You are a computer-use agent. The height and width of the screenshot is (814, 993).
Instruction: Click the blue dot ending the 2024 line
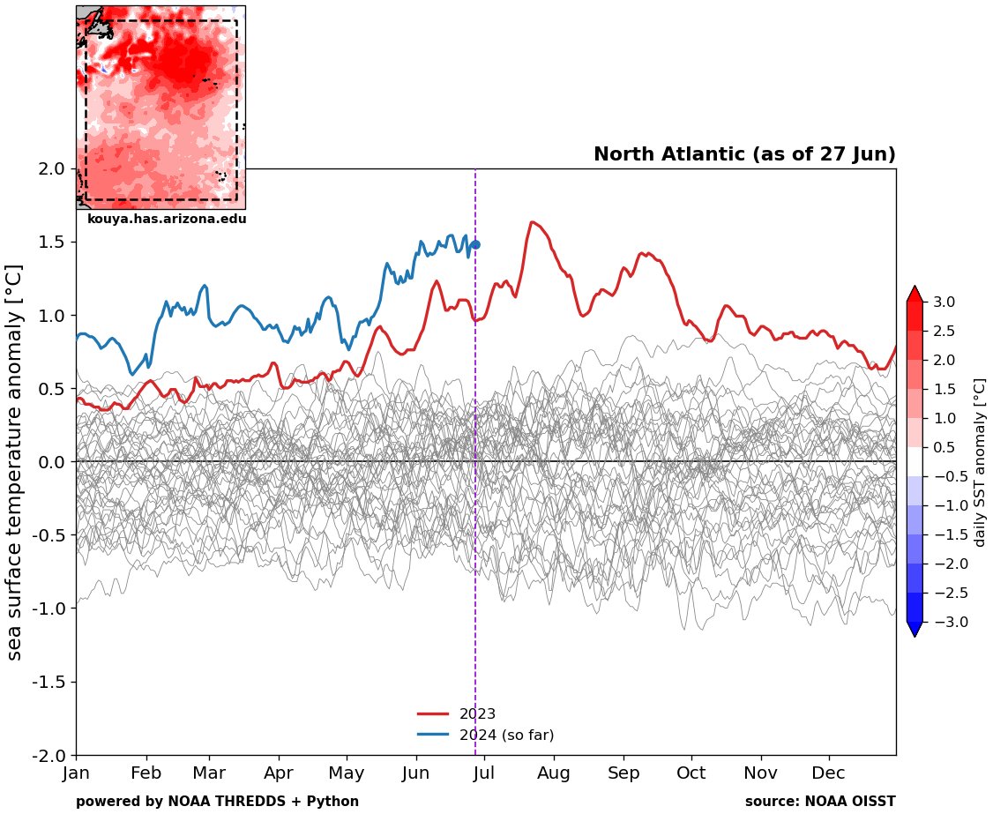(x=475, y=245)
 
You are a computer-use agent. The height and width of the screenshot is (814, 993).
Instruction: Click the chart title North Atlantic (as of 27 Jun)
(x=744, y=154)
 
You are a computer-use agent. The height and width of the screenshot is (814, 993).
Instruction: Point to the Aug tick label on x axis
(x=554, y=774)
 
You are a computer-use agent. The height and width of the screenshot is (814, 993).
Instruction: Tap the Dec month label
(x=830, y=774)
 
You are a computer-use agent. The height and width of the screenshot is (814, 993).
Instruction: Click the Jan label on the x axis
(x=77, y=774)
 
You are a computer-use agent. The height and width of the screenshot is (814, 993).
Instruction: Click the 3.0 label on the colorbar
(x=944, y=302)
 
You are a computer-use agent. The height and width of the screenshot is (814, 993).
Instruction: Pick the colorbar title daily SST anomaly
(x=979, y=462)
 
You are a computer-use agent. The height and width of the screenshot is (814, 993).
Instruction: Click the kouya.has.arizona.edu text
(x=167, y=219)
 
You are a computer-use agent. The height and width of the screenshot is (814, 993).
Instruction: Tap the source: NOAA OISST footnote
(x=820, y=802)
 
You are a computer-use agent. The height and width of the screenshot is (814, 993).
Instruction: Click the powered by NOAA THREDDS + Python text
(x=217, y=802)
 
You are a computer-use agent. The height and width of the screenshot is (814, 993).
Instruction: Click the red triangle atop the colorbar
(x=915, y=293)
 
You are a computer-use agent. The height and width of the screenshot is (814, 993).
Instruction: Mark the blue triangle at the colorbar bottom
(x=915, y=629)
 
